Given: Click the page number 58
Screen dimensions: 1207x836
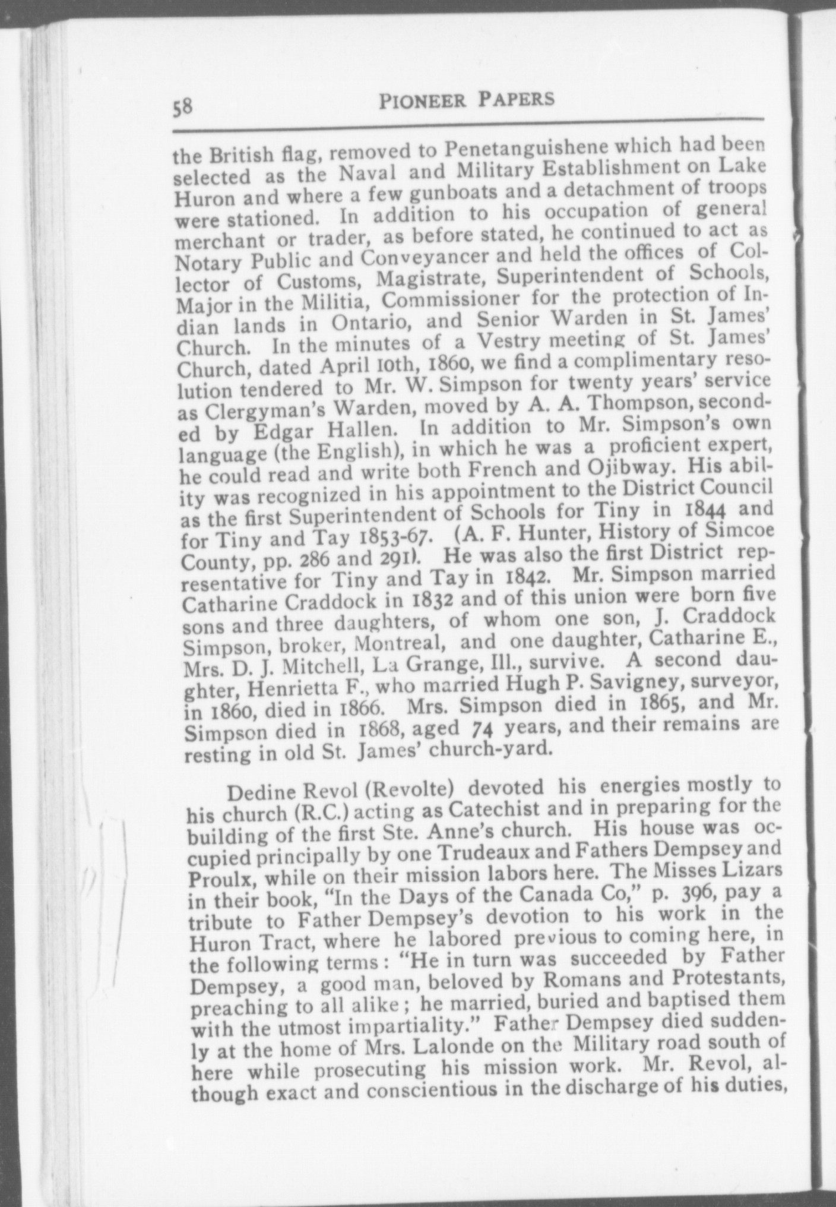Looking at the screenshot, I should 182,108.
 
